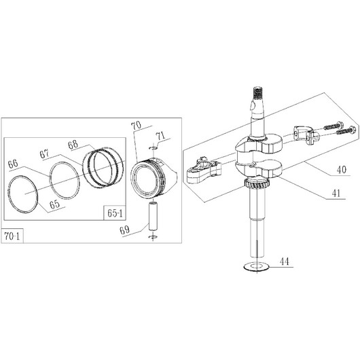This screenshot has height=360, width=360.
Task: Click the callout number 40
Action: pyautogui.click(x=341, y=170)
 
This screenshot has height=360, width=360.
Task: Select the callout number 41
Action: pyautogui.click(x=337, y=194)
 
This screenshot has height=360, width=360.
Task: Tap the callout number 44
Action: pyautogui.click(x=285, y=262)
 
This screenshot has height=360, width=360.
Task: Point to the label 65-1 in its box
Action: pyautogui.click(x=115, y=213)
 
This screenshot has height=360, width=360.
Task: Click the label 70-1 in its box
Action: pyautogui.click(x=12, y=236)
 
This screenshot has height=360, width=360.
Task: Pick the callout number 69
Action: pyautogui.click(x=125, y=230)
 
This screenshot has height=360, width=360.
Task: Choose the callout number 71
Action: pyautogui.click(x=160, y=136)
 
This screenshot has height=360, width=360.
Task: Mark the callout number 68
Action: pyautogui.click(x=73, y=145)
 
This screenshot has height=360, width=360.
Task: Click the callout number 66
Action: pyautogui.click(x=13, y=164)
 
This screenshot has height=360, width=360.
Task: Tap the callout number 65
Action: pyautogui.click(x=54, y=204)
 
